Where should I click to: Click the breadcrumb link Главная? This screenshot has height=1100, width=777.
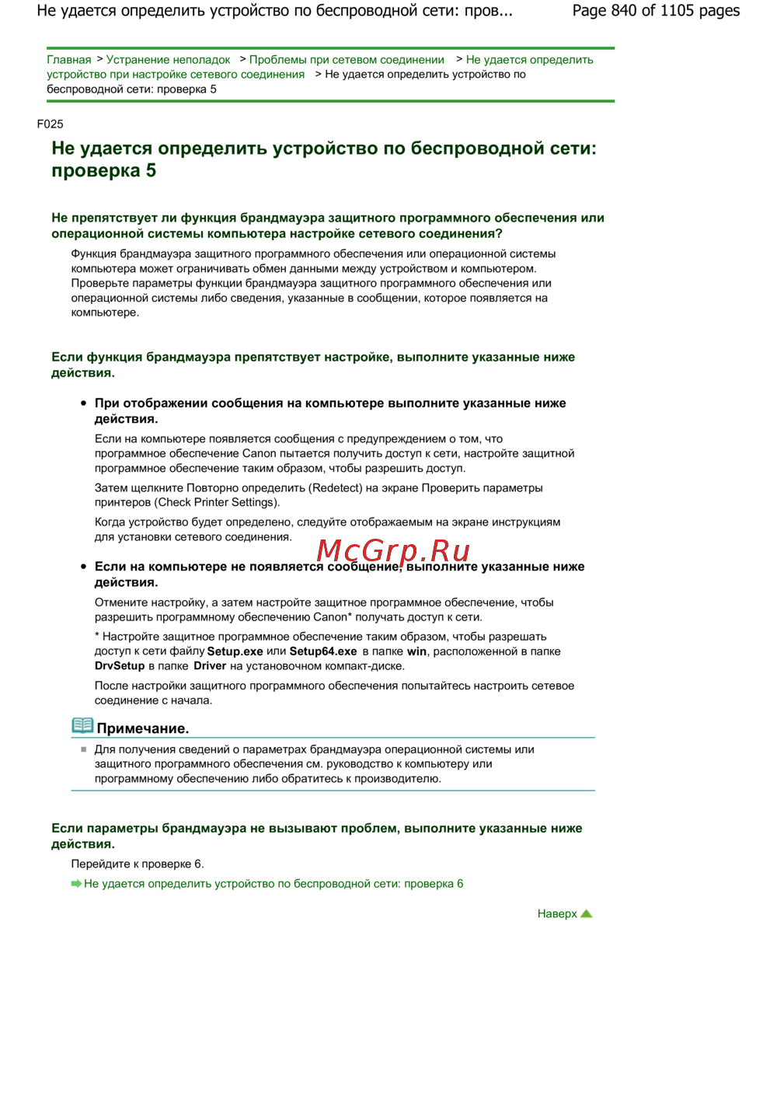click(x=68, y=60)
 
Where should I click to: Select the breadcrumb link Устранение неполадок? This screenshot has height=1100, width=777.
click(x=168, y=60)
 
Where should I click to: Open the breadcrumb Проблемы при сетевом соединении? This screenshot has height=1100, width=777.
click(x=347, y=60)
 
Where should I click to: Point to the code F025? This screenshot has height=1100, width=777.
click(x=50, y=124)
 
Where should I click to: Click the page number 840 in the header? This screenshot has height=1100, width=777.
click(x=624, y=11)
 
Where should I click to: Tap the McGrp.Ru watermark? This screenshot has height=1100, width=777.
click(x=393, y=550)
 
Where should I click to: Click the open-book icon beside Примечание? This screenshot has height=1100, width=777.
click(x=82, y=726)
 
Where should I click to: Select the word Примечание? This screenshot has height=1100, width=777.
click(x=143, y=728)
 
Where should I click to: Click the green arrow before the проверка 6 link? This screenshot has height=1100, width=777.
click(x=76, y=884)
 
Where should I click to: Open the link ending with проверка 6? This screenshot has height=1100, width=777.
click(x=274, y=884)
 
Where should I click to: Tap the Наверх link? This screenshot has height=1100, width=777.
click(x=557, y=914)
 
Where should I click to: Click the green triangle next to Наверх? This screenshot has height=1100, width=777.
click(x=587, y=913)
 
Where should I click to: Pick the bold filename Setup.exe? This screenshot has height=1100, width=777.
click(x=235, y=651)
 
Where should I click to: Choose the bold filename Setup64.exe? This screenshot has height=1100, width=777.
click(x=323, y=651)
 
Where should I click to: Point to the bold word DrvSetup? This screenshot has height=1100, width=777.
click(x=120, y=666)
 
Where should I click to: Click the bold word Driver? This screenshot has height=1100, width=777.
click(x=210, y=666)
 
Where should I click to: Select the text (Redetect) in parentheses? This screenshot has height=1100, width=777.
click(x=336, y=488)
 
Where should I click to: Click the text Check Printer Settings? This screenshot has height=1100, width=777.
click(x=217, y=503)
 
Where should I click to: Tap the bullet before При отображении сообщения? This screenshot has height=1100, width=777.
click(x=84, y=403)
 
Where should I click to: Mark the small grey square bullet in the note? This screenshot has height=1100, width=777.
click(x=84, y=749)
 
